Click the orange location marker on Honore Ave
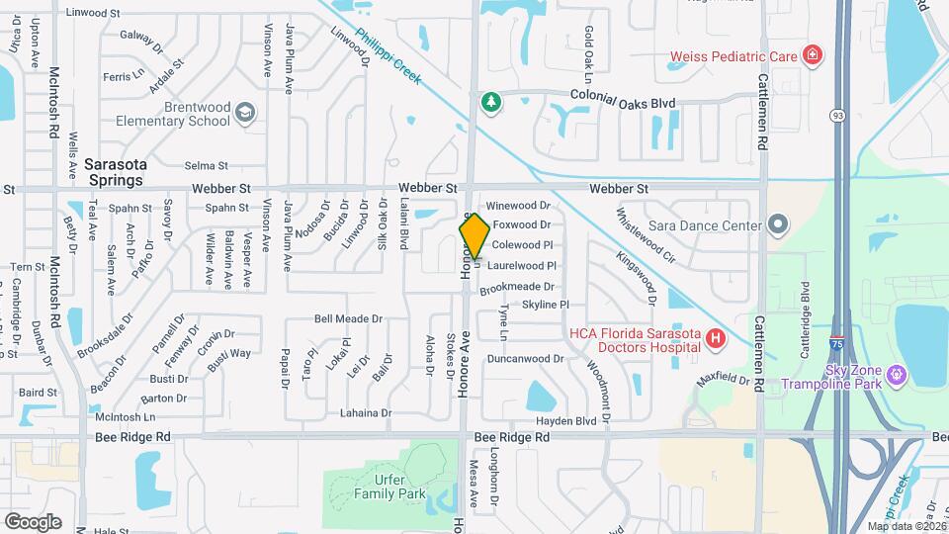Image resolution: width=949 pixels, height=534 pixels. pos(474,236)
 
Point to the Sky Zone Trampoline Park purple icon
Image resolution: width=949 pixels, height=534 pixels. pos(896,376)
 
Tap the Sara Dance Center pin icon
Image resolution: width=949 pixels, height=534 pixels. pos(777,225)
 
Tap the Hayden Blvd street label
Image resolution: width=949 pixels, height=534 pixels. pos(570,419)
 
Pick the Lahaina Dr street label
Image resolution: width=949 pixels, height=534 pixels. pos(366,413)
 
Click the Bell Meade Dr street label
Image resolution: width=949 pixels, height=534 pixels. pos(348,319)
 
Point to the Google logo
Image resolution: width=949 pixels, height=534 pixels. pos(33,521)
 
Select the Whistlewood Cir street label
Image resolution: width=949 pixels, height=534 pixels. pos(645,235)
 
